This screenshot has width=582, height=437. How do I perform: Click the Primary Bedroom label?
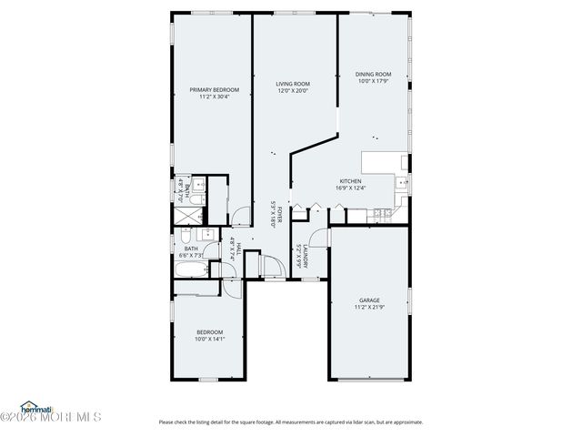pos(214,89)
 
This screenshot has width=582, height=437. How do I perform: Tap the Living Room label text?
pos(293,84)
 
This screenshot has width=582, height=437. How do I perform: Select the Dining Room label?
pos(373,74)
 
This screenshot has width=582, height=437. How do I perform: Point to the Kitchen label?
pos(350,181)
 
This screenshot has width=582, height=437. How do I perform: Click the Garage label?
pos(368,300)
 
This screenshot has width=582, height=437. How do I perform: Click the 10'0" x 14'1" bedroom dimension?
pos(208,340)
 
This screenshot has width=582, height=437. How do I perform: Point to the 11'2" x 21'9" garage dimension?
pos(368,308)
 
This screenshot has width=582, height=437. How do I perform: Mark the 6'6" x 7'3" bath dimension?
pos(191,256)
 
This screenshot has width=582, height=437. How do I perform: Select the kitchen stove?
pos(383,214)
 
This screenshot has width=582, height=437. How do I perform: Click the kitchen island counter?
pos(382,163)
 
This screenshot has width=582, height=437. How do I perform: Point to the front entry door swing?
pos(270,267)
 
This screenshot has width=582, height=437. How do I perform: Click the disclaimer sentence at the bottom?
pos(291,422)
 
